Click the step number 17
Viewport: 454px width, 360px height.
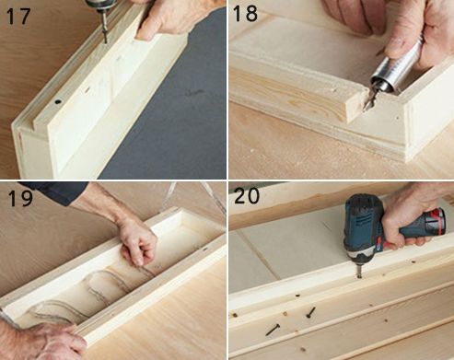point(18,17)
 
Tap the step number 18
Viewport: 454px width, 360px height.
point(245,13)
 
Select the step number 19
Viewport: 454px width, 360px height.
point(20,198)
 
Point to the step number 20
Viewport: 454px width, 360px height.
point(247,195)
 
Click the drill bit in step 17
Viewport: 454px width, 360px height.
point(104,28)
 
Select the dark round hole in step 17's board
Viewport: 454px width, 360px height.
point(58,101)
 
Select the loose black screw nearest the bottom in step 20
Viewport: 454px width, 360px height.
point(273,330)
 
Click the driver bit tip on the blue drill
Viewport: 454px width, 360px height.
point(359,275)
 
